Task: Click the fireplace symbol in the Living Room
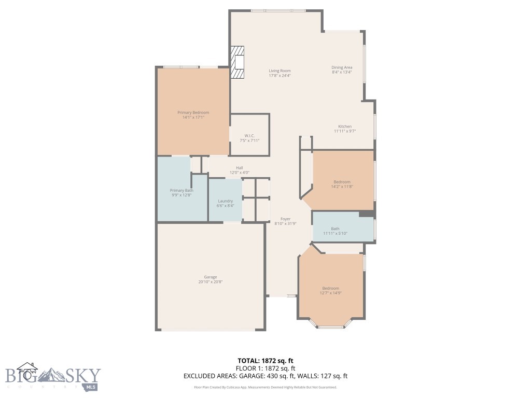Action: [237, 62]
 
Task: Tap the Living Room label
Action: [280, 70]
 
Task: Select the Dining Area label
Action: [342, 67]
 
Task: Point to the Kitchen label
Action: [345, 126]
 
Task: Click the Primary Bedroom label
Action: [193, 112]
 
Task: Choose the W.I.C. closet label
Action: [249, 136]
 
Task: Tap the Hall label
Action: [240, 167]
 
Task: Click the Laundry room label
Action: [225, 201]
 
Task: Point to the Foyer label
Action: [286, 219]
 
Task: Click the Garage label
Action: [211, 277]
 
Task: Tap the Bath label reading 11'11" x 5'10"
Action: [335, 229]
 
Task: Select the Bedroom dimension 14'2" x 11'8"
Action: [342, 187]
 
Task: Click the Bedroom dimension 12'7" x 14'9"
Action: [330, 293]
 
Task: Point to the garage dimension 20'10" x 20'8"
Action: [211, 282]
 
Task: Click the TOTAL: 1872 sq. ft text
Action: [265, 361]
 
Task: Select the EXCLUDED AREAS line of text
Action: [265, 376]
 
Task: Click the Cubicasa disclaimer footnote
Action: [265, 387]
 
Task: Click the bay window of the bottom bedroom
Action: [331, 326]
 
